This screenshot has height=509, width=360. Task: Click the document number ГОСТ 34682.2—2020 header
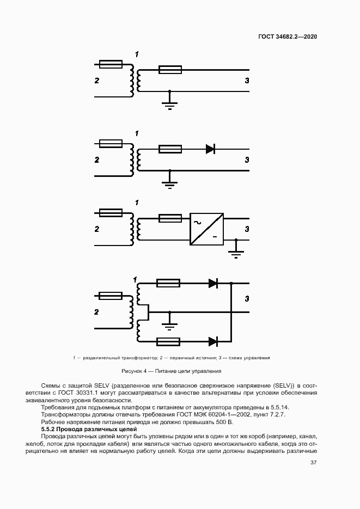pos(288,36)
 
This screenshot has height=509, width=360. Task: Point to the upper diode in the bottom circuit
pos(213,283)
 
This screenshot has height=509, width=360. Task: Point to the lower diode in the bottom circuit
pos(213,341)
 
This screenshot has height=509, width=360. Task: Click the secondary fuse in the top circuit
pos(170,69)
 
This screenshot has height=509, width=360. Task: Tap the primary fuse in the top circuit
pos(112,64)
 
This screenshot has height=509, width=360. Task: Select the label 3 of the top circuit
pos(246,81)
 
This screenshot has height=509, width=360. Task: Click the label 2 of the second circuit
pos(97,160)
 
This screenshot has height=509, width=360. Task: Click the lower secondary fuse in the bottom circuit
pos(168,341)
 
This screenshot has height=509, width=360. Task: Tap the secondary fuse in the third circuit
pos(170,218)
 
